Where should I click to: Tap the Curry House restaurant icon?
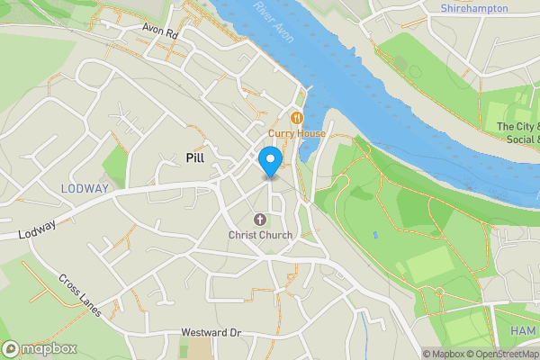coord(297,118)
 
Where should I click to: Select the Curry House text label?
coord(297,133)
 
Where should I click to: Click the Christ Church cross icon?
coord(260,220)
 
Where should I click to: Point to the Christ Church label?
coord(260,236)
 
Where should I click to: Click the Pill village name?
coord(195,157)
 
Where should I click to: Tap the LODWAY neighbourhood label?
coord(85,188)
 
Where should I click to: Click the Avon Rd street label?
coord(161,29)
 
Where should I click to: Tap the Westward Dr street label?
coord(211,333)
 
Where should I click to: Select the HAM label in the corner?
coord(523,331)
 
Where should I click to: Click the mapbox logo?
coord(40,348)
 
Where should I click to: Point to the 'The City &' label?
coord(518,127)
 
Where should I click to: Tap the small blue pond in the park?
coord(374,235)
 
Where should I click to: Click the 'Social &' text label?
coord(522,139)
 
